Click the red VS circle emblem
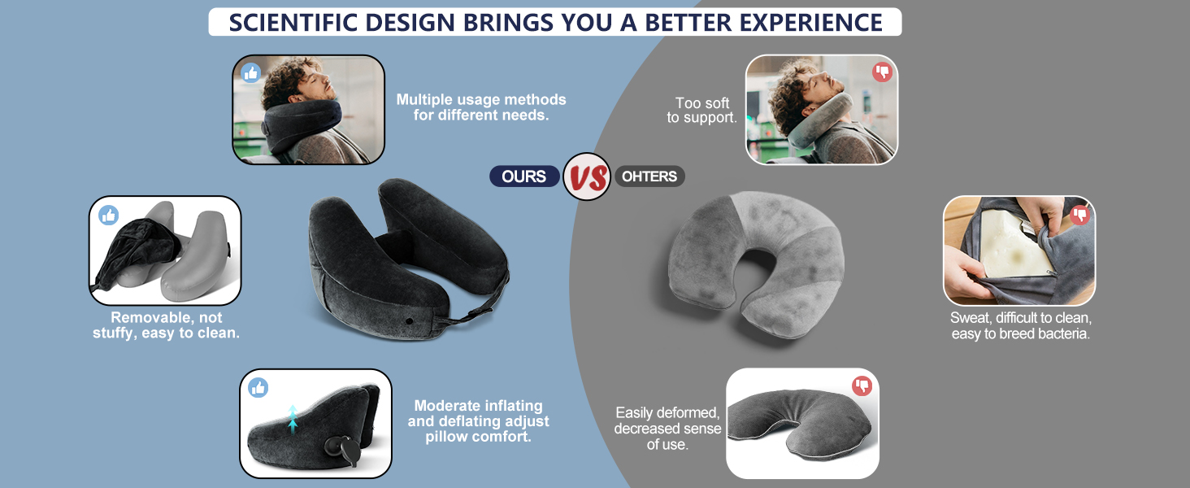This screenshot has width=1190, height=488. (x=586, y=176)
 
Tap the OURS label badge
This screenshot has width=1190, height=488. (x=523, y=176)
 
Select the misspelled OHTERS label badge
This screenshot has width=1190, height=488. (x=649, y=176)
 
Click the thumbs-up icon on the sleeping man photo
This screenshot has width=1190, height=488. (x=250, y=73)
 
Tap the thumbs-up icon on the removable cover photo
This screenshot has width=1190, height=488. (x=108, y=216)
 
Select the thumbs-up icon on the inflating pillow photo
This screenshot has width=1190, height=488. (x=258, y=388)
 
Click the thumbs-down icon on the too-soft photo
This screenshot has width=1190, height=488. (x=882, y=72)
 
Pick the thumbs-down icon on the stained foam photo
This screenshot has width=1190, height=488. (x=1079, y=215)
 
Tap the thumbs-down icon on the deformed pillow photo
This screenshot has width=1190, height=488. (x=862, y=386)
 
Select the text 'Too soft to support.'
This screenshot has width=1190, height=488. (x=702, y=111)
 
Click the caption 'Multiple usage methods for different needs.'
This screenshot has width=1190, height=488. (x=481, y=107)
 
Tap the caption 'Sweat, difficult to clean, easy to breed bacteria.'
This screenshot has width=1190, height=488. (x=1020, y=325)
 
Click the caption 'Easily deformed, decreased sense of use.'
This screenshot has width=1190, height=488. (x=667, y=429)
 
